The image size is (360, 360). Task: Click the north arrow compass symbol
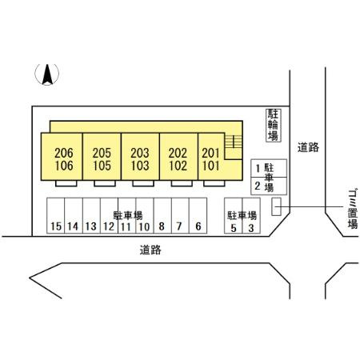[x=47, y=74]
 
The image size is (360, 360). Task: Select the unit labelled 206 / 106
[x=62, y=157]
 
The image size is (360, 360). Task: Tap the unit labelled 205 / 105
[x=102, y=157]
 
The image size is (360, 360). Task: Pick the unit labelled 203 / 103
[x=140, y=157]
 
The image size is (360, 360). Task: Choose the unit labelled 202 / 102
[x=178, y=157]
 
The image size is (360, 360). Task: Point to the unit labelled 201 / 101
[x=211, y=157]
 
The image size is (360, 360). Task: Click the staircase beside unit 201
[x=234, y=142]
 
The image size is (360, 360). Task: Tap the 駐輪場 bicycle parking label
[x=274, y=125]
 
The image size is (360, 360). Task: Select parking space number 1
[x=269, y=168]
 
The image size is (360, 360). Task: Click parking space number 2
[x=269, y=186]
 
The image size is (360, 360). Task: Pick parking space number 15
[x=56, y=216]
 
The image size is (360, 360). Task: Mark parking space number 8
[x=162, y=216]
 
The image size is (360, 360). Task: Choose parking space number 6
[x=198, y=216]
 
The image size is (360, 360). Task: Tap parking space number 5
[x=234, y=216]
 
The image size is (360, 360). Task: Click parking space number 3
[x=251, y=216]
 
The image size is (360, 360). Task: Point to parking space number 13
[x=91, y=216]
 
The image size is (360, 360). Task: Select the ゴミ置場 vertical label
[x=353, y=209]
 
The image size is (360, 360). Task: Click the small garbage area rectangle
[x=276, y=206]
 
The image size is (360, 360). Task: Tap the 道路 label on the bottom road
[x=150, y=250]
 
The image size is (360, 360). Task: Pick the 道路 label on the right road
[x=308, y=147]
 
